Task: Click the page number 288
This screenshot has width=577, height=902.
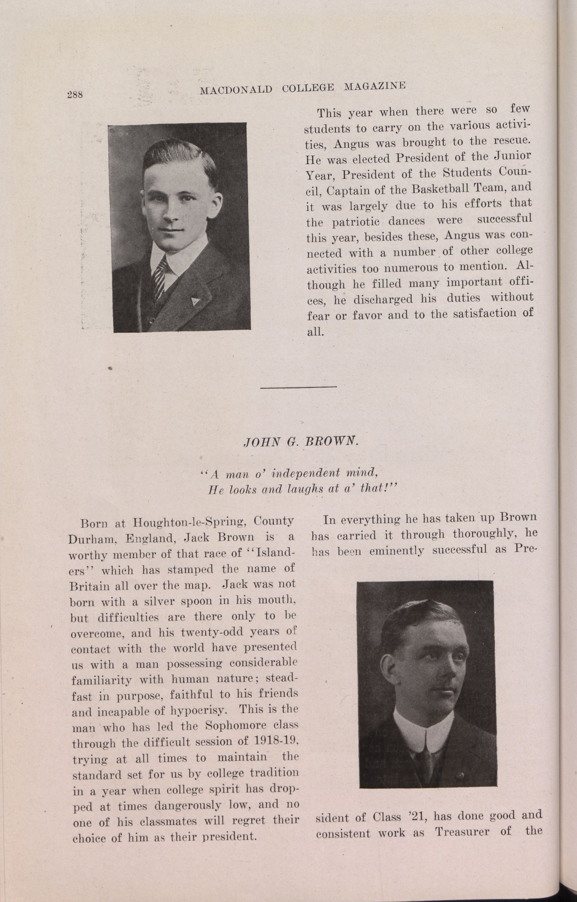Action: tap(75, 94)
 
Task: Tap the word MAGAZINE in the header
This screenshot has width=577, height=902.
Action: tap(375, 87)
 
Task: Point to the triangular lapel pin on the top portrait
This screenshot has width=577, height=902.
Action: tap(194, 301)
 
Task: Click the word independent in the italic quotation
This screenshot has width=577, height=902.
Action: tap(300, 473)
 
